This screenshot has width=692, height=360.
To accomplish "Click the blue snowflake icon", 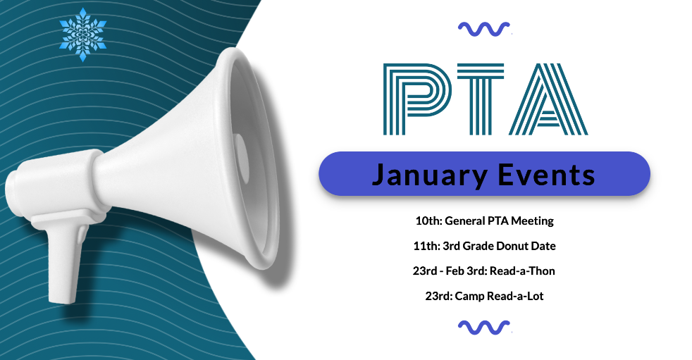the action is [83, 35].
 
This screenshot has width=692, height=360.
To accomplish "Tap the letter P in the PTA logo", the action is [416, 99].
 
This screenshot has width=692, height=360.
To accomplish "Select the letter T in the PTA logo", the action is [480, 99].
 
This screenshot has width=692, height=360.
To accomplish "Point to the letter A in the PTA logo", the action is [548, 99].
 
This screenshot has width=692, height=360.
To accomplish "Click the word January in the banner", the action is [429, 175].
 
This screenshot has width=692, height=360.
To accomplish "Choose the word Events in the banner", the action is [546, 175].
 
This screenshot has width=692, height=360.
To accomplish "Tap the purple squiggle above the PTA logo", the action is [484, 29].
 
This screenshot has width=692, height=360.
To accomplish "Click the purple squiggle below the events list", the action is [484, 328].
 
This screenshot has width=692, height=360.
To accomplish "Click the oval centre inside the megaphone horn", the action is [241, 155].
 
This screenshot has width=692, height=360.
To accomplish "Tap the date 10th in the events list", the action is [428, 221].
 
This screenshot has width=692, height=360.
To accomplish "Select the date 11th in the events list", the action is [426, 246].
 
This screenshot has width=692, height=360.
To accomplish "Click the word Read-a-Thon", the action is [523, 271].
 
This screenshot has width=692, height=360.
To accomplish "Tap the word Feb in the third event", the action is [455, 271].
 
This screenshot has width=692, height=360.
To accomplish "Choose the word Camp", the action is [469, 297].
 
